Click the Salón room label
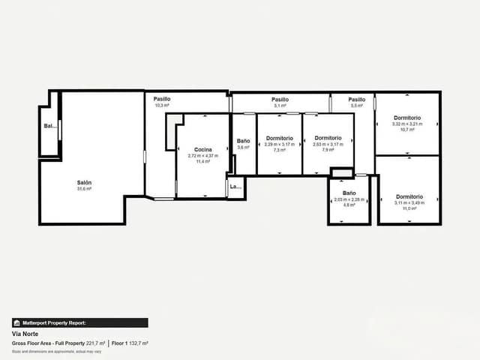83,182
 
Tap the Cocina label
202,149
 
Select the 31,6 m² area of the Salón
83,189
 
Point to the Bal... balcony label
49,126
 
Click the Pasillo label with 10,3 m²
162,99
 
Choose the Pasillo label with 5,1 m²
280,99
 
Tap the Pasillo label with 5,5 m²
356,99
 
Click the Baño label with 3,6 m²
243,141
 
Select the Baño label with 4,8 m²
349,193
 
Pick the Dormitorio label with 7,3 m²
279,138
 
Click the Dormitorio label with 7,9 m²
328,138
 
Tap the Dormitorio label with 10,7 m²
407,118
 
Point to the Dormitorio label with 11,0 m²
409,196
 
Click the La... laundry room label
235,187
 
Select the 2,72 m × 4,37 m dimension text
202,156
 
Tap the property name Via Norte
25,334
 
